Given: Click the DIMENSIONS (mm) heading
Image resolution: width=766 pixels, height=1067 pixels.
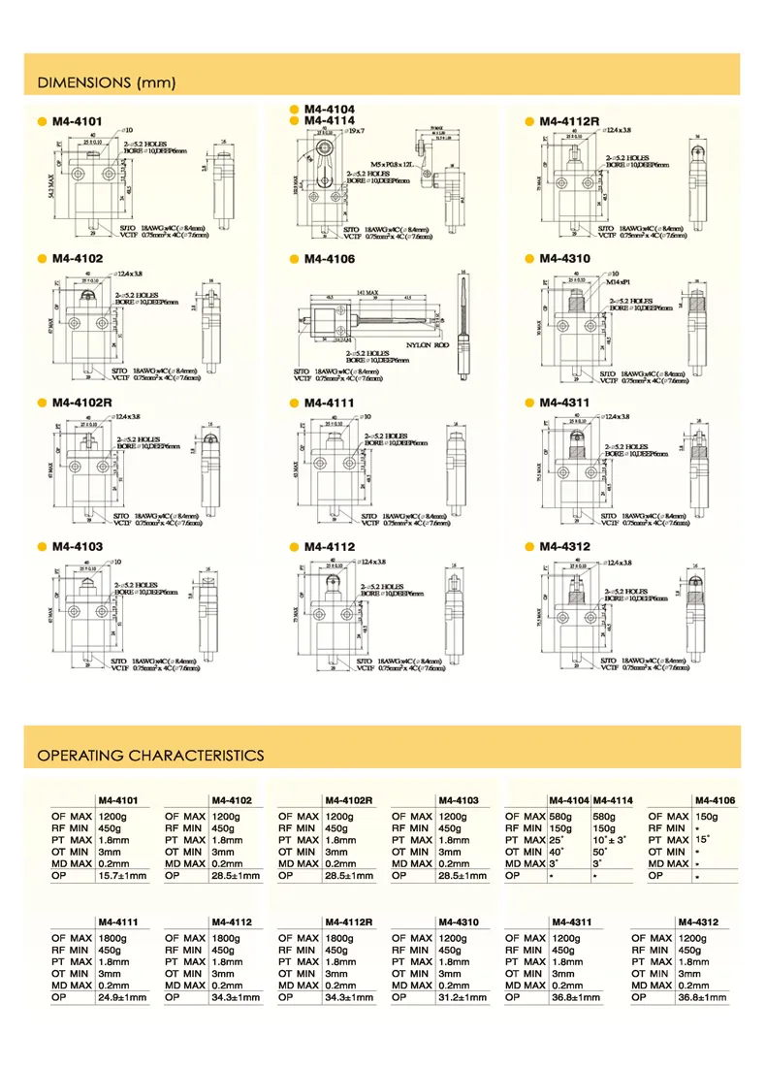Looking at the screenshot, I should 107,82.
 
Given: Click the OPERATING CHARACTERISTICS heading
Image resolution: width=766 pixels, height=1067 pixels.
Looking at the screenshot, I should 150,755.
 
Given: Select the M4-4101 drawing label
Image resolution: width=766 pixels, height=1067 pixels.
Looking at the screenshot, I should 77,121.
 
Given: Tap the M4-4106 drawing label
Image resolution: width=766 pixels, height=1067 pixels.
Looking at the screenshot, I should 330,259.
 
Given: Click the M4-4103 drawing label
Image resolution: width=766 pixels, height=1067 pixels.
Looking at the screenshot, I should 77,547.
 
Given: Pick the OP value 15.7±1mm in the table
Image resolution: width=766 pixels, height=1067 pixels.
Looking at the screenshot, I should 124,876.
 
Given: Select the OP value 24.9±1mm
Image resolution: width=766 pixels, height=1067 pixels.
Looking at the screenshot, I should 124,997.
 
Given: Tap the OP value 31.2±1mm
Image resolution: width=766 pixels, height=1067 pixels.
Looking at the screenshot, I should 465,997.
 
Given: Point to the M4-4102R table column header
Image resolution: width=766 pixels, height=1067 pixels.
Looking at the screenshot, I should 350,800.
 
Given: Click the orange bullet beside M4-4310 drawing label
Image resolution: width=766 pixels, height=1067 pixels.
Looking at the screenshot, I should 529,259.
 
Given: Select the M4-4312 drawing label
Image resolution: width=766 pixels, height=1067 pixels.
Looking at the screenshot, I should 565,547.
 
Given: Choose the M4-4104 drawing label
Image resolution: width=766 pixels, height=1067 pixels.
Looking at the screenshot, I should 330,109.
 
